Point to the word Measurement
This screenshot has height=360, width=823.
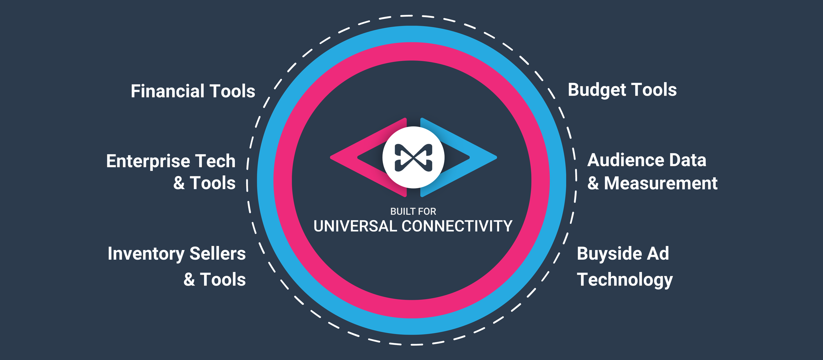(660, 183)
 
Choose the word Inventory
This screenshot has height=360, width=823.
(146, 254)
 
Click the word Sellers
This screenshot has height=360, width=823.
(218, 254)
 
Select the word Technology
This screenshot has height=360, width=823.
(624, 280)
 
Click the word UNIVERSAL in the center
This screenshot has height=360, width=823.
(355, 226)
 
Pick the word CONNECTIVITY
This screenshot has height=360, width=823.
(457, 226)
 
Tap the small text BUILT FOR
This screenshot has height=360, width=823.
(413, 211)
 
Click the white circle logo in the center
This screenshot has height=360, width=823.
(413, 157)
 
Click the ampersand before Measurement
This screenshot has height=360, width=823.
(593, 183)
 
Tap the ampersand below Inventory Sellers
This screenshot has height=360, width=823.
(189, 280)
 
